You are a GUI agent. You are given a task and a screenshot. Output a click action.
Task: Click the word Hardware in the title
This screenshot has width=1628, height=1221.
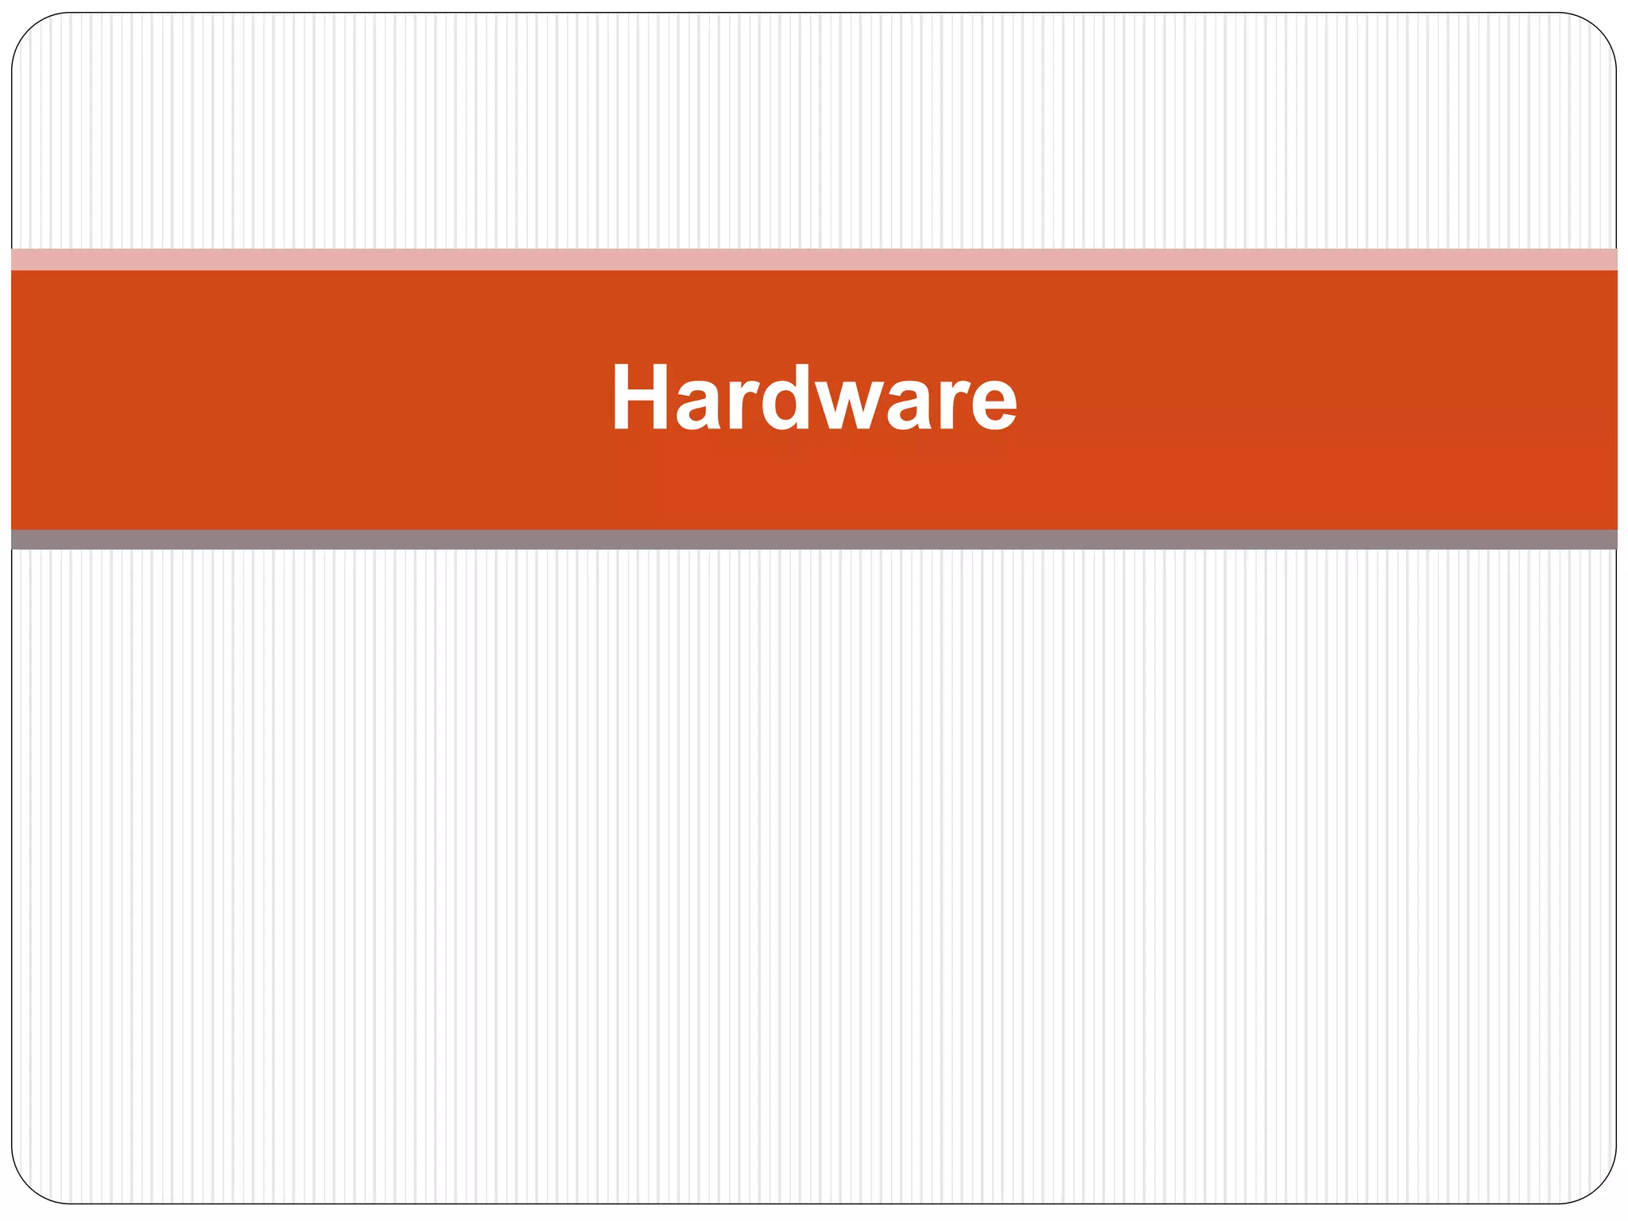coord(814,397)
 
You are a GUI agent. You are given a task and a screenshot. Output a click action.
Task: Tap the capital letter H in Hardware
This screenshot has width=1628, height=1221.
coord(641,397)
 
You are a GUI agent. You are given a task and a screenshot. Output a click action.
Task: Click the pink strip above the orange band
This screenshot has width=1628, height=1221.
coord(814,260)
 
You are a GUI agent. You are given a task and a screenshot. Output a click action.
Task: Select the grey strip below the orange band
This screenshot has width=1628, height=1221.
coord(814,540)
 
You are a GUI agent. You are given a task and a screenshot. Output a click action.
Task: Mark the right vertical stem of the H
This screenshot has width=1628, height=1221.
coord(660,397)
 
